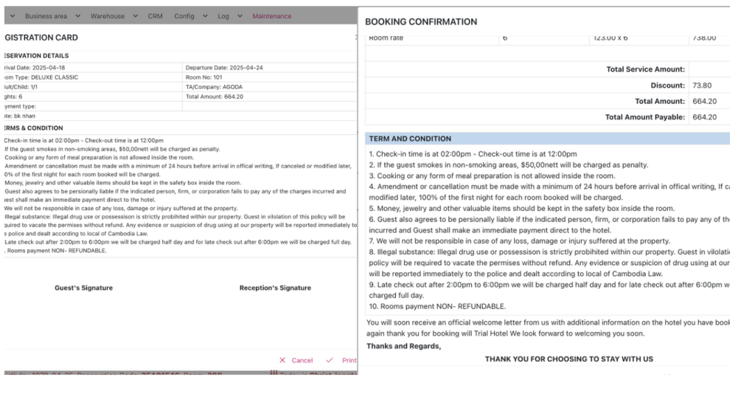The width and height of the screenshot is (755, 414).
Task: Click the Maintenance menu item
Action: (271, 16)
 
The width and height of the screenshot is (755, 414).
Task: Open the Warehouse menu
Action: (108, 16)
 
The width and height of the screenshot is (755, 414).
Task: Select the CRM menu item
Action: (155, 16)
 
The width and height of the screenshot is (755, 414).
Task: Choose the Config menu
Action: (184, 16)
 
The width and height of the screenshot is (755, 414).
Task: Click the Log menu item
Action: (223, 16)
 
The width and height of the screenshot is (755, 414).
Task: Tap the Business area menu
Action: (46, 16)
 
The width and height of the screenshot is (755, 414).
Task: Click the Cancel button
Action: (296, 360)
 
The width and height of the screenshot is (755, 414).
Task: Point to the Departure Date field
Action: (224, 68)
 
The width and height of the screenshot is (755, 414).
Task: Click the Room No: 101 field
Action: (204, 77)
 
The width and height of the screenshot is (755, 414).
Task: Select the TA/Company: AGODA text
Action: (215, 87)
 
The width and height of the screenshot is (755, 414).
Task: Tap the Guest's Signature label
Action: (83, 288)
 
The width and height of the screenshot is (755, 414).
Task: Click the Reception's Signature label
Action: (275, 288)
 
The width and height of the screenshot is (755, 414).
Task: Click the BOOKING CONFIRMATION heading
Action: (421, 22)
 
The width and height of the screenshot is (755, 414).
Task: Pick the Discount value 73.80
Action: (702, 86)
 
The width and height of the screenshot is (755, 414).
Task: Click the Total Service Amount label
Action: (645, 69)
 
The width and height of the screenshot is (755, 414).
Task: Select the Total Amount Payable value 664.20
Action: (705, 117)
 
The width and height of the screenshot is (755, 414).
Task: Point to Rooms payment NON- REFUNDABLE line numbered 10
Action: (437, 306)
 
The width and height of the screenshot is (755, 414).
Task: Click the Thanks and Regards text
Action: (403, 346)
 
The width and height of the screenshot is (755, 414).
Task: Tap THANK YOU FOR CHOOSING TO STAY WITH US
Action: (568, 359)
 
